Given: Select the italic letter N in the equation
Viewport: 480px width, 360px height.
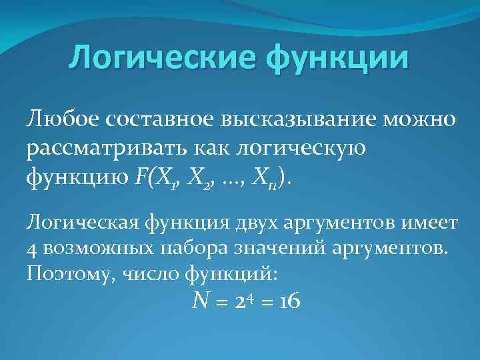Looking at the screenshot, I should [x=199, y=301].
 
